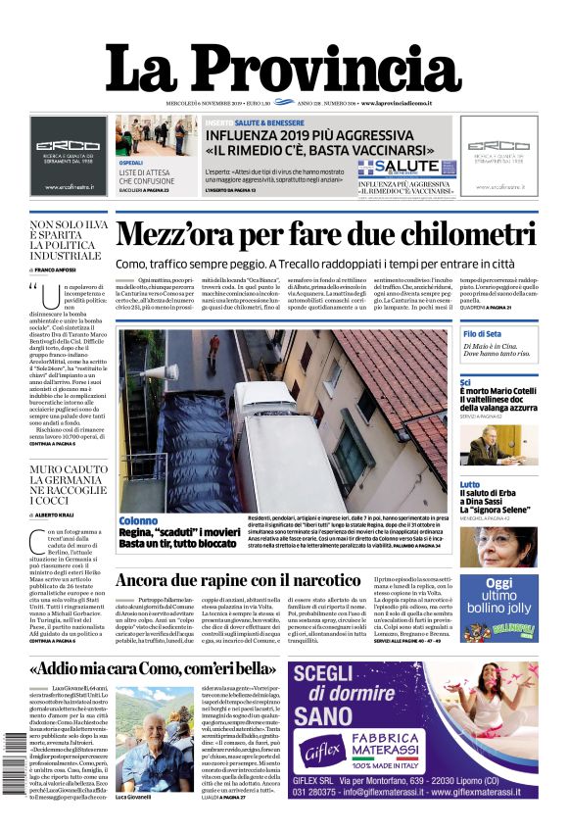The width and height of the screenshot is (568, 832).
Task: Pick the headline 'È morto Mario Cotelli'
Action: (x=499, y=393)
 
